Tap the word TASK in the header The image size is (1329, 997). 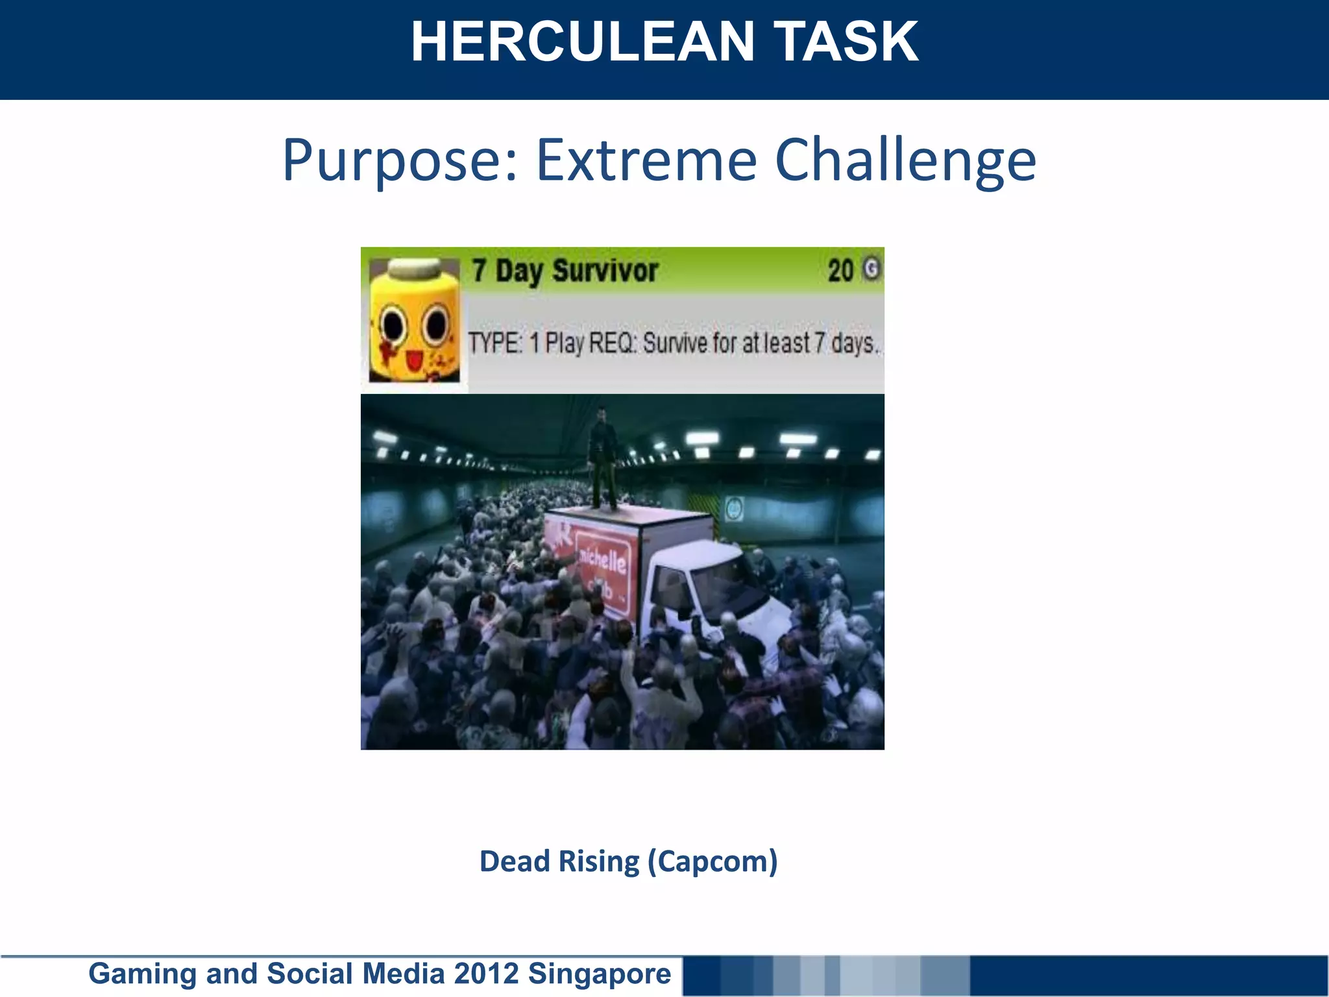[x=847, y=42]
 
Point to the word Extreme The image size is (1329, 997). [x=646, y=160]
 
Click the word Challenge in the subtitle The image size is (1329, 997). [x=905, y=161]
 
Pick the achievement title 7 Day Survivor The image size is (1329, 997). [x=565, y=271]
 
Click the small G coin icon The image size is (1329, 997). [x=872, y=269]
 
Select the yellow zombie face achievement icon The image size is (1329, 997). [x=414, y=321]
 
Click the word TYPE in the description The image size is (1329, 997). [x=495, y=343]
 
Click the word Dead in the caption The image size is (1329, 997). [x=515, y=862]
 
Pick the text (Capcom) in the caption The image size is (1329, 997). [x=712, y=862]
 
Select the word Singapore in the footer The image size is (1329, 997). [x=599, y=974]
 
